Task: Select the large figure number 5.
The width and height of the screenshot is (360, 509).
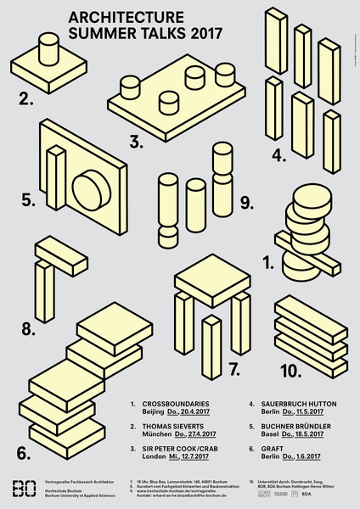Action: [x=27, y=201]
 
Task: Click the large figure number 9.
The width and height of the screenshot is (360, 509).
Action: [x=246, y=202]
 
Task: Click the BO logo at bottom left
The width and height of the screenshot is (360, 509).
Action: [x=26, y=489]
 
